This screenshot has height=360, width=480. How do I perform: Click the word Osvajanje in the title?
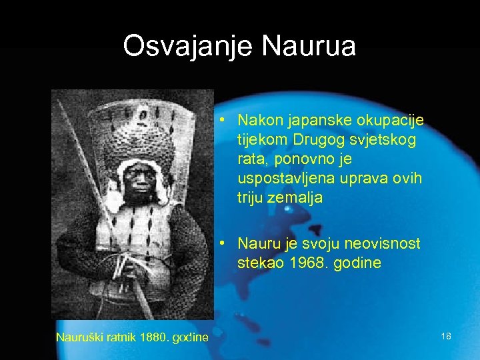[x=189, y=47]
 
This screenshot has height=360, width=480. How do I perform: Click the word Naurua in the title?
[x=309, y=47]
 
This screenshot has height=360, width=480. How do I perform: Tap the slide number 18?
[x=446, y=337]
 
